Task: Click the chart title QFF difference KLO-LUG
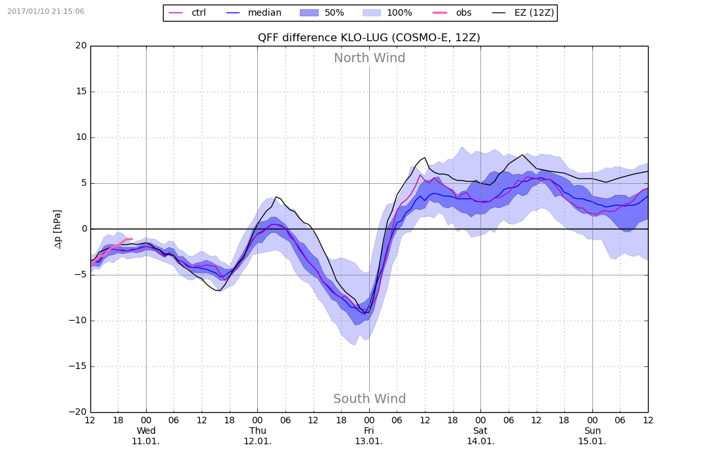[369, 38]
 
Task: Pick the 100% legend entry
[399, 13]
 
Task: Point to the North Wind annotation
[369, 58]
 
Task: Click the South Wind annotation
[369, 399]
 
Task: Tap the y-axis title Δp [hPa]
[58, 229]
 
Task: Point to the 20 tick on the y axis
[81, 46]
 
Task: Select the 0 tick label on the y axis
[84, 229]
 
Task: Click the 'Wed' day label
[146, 431]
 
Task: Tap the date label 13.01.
[369, 441]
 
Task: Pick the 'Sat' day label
[480, 431]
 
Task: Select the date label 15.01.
[592, 441]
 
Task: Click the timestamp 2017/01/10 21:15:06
[46, 12]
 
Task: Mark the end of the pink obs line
[132, 239]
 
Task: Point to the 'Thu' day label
[257, 431]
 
